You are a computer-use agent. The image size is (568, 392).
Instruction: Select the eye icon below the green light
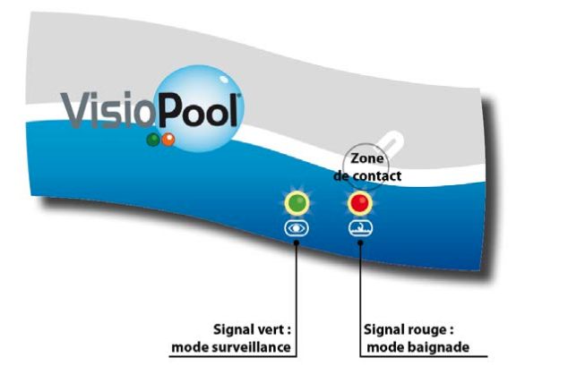[296, 228]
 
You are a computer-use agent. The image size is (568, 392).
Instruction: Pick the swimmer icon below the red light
[360, 228]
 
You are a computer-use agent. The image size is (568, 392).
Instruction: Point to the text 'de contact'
[366, 176]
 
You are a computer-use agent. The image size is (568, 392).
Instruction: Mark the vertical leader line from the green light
[296, 286]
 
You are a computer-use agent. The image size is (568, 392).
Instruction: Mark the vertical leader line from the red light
[360, 286]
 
